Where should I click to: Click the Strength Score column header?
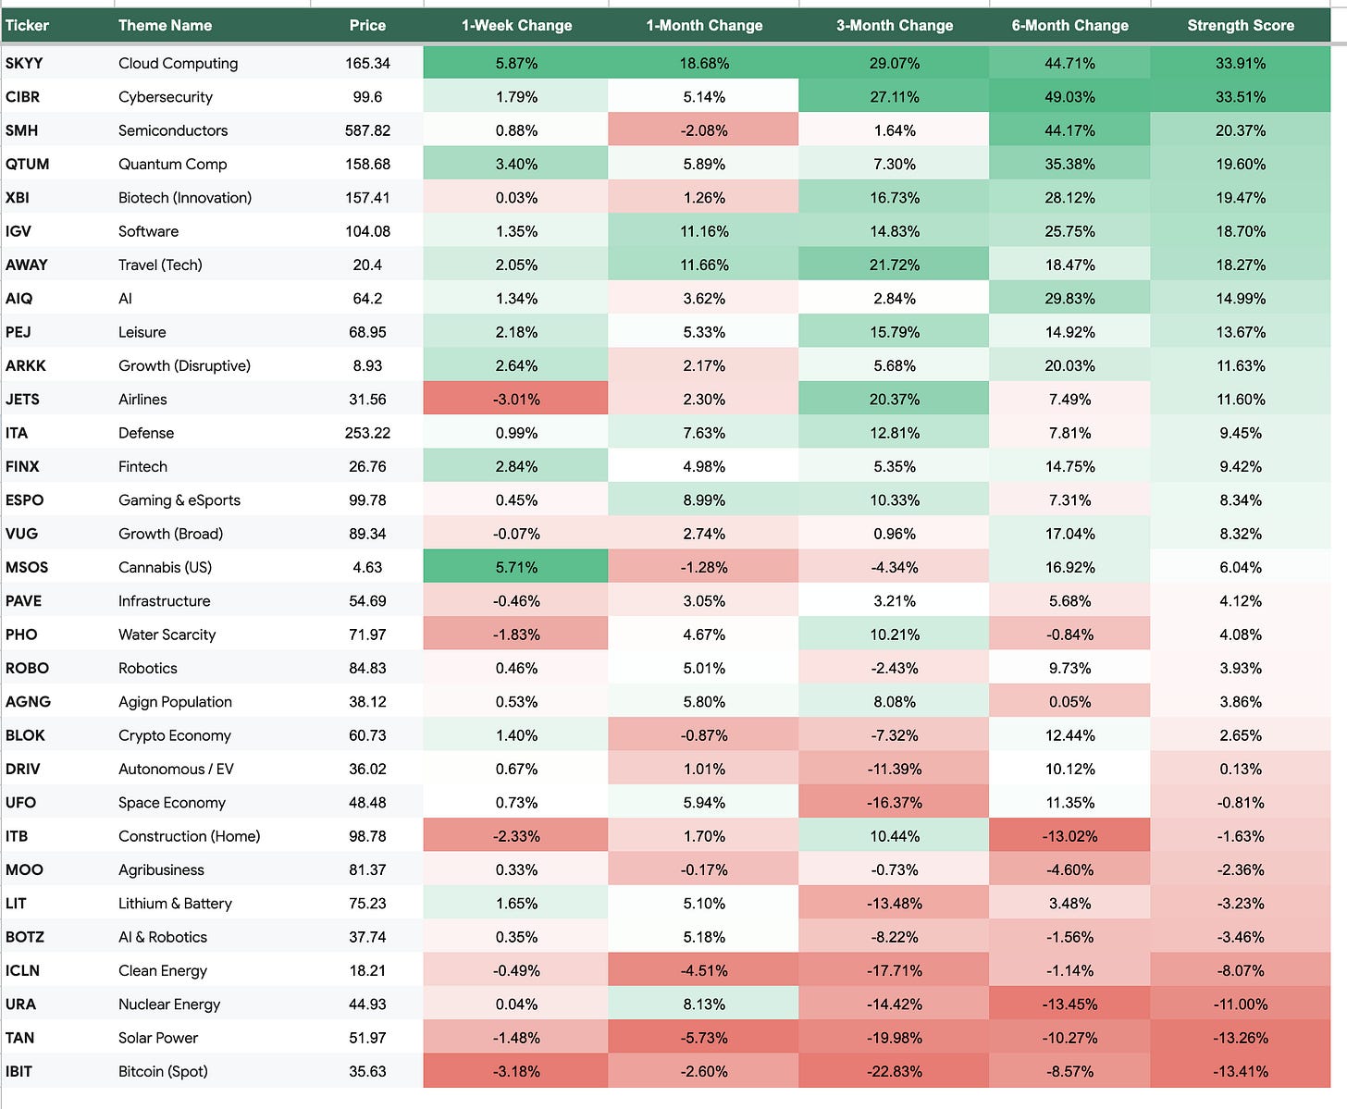[1240, 25]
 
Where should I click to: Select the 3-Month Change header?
[894, 25]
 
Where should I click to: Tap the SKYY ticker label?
[24, 63]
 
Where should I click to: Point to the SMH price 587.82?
[367, 130]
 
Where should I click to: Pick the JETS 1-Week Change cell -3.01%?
[515, 399]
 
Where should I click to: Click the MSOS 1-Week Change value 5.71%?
[516, 567]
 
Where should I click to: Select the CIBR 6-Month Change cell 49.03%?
[1069, 97]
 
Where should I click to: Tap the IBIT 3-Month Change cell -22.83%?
[894, 1071]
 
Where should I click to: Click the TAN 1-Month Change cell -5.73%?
[703, 1038]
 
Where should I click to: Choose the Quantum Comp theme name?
[172, 164]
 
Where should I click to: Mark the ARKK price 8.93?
[367, 365]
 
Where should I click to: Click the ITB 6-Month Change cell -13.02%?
[1069, 835]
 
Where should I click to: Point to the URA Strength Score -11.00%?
[1240, 1004]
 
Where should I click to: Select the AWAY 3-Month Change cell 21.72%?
[894, 265]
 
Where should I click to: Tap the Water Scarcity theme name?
[167, 635]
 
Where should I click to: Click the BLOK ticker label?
[25, 734]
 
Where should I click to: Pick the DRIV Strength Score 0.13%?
[1240, 769]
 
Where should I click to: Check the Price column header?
[367, 25]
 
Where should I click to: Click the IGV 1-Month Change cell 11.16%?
[703, 231]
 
